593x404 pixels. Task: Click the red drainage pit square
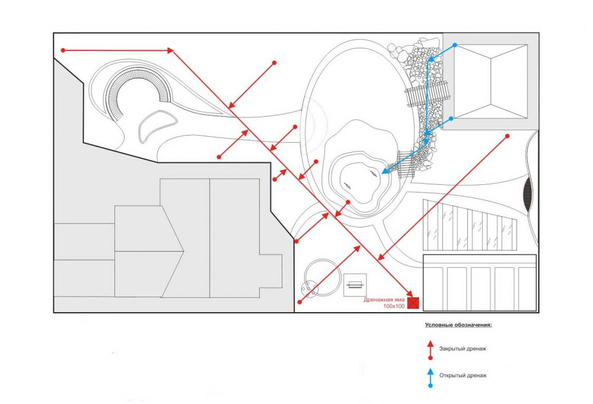[x=414, y=303]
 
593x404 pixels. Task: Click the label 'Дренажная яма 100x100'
[x=385, y=303]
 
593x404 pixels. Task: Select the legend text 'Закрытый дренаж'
[x=463, y=349]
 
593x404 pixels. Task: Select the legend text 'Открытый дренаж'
[x=463, y=375]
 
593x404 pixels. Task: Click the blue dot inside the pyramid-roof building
[x=455, y=45]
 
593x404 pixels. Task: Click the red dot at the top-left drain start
[x=62, y=50]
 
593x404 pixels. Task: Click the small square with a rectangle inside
[x=355, y=286]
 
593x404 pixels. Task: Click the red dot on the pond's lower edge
[x=347, y=202]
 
